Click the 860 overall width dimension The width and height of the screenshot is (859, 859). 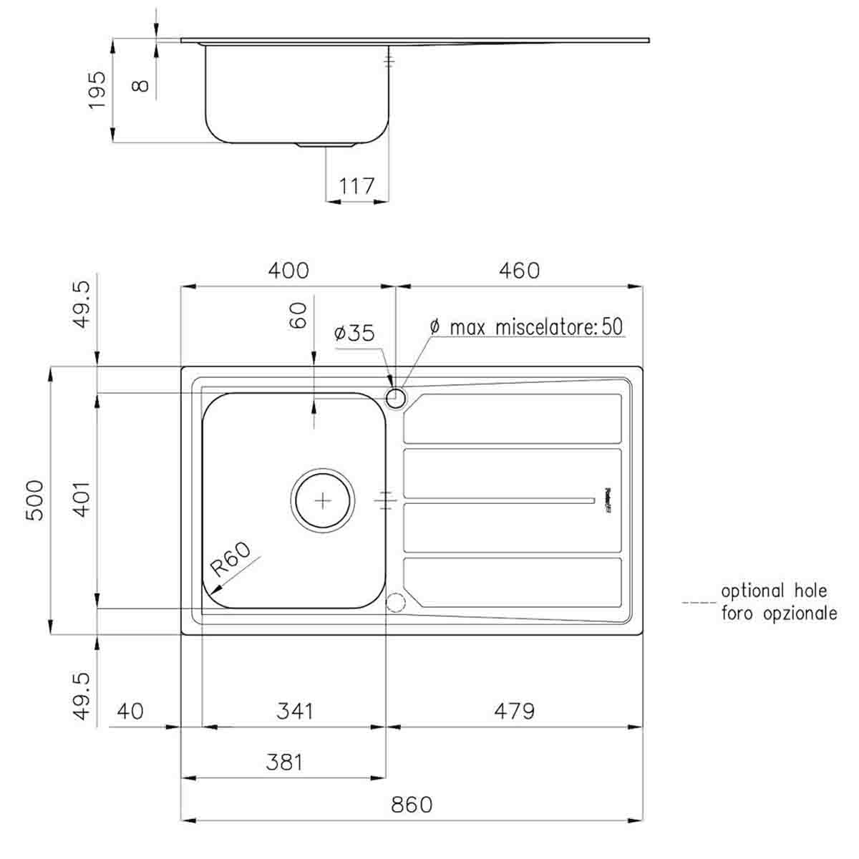tap(412, 805)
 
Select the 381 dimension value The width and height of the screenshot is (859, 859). tap(284, 762)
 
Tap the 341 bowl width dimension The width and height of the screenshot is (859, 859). tap(294, 711)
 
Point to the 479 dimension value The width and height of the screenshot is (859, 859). tap(514, 711)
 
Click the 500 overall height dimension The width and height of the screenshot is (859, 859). tap(36, 500)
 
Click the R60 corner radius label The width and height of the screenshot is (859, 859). tap(231, 560)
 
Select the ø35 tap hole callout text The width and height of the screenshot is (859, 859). tap(354, 333)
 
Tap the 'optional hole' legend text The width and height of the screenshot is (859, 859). tap(773, 591)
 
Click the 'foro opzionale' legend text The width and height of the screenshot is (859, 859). tap(779, 613)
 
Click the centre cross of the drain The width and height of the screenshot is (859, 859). tap(323, 500)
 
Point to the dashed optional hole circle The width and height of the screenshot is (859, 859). tap(395, 603)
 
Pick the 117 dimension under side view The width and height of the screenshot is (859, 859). tap(356, 186)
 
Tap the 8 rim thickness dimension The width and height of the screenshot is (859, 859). tap(141, 85)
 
